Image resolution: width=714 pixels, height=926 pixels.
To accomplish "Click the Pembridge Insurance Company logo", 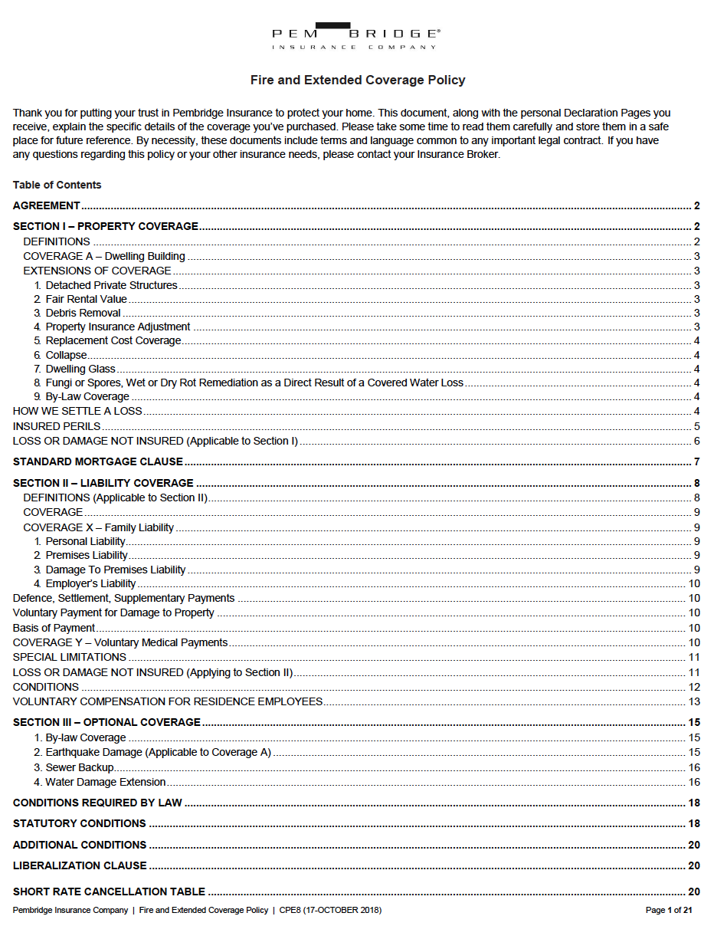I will click(356, 36).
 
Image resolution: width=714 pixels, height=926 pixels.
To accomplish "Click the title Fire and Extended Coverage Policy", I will click(358, 80).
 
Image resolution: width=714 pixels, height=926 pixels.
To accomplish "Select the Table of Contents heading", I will click(57, 185).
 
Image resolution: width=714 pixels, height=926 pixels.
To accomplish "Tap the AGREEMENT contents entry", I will click(47, 205).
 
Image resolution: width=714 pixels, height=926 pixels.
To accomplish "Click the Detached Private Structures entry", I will click(111, 285).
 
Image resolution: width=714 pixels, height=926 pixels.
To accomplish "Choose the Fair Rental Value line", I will click(86, 299).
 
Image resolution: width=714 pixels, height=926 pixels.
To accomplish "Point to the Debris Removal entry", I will click(83, 313).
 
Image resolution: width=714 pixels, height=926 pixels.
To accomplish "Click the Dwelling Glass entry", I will click(80, 369).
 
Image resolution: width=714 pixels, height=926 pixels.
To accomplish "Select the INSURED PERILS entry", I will click(57, 426).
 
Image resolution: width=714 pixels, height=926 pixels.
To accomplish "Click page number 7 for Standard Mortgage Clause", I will click(696, 461).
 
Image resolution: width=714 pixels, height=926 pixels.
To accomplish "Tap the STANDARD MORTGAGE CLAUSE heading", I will click(98, 461).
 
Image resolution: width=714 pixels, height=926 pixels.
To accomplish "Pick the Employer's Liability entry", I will click(90, 583).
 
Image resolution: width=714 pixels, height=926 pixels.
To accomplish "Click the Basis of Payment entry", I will click(54, 628).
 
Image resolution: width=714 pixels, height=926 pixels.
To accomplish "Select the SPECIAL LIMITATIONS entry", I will click(70, 657).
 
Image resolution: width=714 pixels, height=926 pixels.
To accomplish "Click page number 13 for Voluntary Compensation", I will click(694, 701).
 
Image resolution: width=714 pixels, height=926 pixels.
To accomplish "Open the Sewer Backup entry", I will click(80, 767).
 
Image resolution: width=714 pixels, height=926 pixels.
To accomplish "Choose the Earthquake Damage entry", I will click(158, 752).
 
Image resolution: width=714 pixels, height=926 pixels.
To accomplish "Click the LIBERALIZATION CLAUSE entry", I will click(80, 865).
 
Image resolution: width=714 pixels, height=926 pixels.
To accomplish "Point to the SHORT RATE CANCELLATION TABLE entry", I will click(109, 892).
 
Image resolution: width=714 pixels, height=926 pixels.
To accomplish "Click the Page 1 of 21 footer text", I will click(669, 910).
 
